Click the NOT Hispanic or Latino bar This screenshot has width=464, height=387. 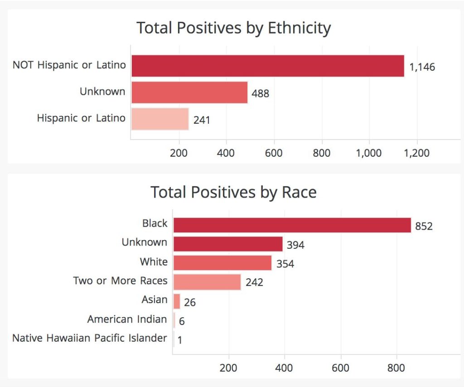point(267,66)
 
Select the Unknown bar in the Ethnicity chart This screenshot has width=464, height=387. point(189,92)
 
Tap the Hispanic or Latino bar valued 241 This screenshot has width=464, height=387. point(160,119)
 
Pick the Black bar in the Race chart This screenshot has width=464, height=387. point(292,225)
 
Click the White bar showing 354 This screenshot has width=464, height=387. point(222,263)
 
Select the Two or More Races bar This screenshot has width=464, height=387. point(207,282)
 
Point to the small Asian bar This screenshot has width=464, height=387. point(177,301)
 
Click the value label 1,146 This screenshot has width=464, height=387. point(422,67)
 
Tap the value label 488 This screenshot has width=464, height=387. point(261,94)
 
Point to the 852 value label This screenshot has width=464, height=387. point(424,226)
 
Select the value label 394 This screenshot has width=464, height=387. point(295,245)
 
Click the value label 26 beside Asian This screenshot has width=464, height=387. point(190,302)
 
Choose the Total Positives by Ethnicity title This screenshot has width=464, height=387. point(234,28)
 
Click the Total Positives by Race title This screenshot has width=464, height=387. point(233,192)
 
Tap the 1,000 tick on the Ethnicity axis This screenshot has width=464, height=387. point(369,153)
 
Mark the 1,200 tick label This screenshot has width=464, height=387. point(416,153)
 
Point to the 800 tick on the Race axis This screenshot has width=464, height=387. point(396,368)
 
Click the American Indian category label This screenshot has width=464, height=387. point(127,319)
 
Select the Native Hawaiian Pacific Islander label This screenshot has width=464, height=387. point(90,338)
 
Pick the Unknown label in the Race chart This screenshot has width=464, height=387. point(144,242)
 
